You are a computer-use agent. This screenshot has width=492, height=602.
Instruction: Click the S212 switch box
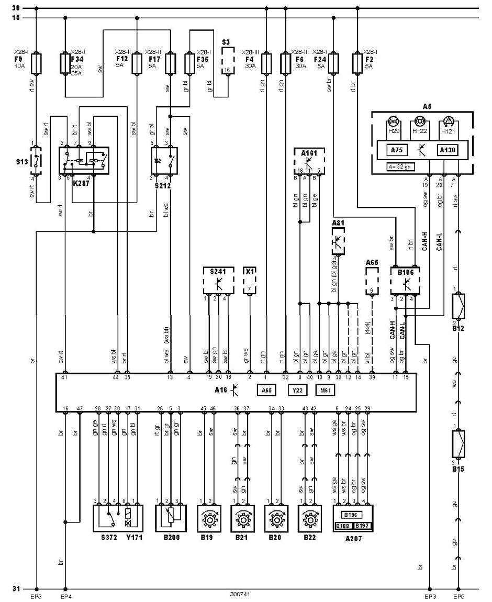(163, 160)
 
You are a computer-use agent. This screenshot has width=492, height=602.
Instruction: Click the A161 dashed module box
(309, 161)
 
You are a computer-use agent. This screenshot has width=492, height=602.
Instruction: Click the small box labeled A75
(397, 150)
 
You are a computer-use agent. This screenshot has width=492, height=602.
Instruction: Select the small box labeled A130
(448, 150)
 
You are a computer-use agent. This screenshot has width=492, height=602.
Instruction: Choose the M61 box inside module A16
(325, 390)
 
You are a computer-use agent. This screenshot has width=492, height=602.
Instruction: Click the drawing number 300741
(240, 595)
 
